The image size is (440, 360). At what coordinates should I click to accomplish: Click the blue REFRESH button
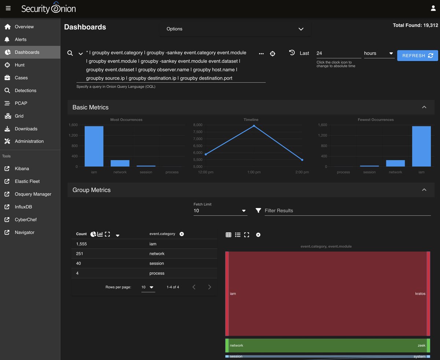point(417,55)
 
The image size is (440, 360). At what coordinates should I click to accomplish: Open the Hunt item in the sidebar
point(20,65)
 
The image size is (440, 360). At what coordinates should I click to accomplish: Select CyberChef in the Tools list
point(26,219)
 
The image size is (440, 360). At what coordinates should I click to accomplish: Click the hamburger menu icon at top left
point(8,8)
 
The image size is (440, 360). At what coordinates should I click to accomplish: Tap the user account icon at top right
point(433,8)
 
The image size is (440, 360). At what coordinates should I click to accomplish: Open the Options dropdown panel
point(235,29)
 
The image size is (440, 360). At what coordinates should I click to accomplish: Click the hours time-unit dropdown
point(378,53)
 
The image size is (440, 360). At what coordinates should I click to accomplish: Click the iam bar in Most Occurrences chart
point(94,146)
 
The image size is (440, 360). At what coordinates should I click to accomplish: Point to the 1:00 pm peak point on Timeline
point(254,126)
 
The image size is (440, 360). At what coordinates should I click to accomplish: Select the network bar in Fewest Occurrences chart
point(395,163)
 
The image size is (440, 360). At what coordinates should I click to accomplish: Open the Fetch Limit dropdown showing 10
point(220,211)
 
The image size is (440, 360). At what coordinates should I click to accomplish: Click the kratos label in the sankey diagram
point(420,294)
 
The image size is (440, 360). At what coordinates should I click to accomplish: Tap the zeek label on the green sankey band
point(421,345)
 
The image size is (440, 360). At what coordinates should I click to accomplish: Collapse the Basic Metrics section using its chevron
point(424,107)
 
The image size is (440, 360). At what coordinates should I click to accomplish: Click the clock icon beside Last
point(292,53)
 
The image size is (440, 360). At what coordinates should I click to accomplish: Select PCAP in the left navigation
point(21,103)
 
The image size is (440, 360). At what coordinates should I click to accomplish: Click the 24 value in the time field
point(319,53)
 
